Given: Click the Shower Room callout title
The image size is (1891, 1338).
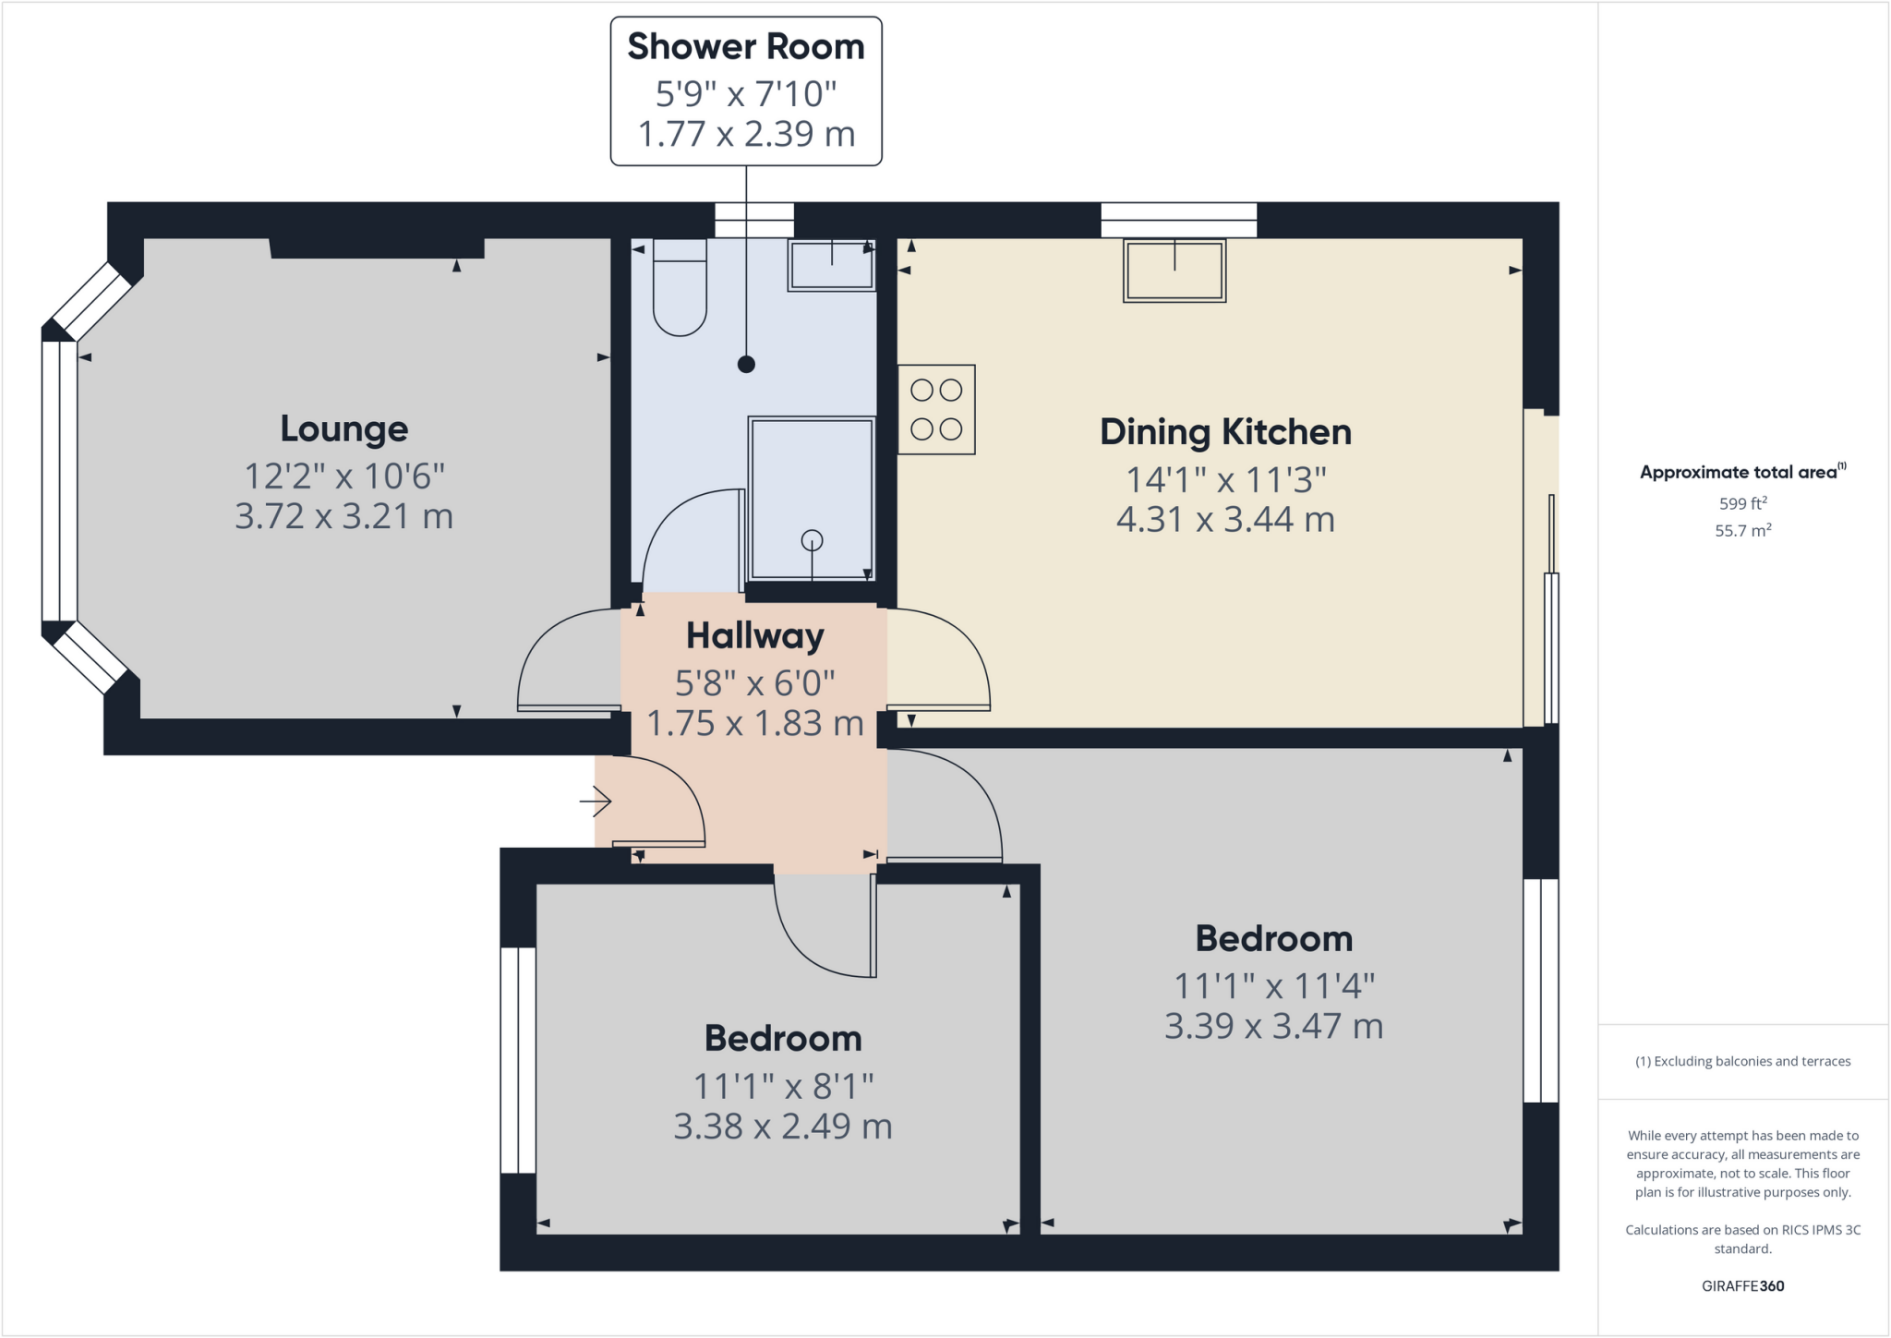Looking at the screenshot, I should [x=745, y=47].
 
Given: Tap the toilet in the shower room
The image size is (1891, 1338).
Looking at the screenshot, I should [x=680, y=287].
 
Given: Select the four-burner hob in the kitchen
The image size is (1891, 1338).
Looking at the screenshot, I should [x=936, y=409].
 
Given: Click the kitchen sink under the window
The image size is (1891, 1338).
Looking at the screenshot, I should [x=1174, y=271].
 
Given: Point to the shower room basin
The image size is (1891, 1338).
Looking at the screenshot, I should [x=831, y=265].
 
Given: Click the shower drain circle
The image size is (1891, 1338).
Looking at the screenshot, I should [x=812, y=540].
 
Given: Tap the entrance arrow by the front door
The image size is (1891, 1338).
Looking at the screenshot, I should [x=596, y=802].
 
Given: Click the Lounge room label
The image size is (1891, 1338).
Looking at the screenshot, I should [x=343, y=429].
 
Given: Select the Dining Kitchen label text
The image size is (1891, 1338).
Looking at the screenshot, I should [x=1224, y=432].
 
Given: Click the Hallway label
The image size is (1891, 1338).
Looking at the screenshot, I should [x=754, y=636].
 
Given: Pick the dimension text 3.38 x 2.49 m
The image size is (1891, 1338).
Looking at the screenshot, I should [x=782, y=1127].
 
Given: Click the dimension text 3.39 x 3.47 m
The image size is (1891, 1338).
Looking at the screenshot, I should [x=1273, y=1027].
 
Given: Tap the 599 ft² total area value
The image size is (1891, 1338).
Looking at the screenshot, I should [x=1742, y=503].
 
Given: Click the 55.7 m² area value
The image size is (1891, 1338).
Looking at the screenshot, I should [x=1742, y=531].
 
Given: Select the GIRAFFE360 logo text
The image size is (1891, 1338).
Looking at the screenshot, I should [x=1742, y=1285].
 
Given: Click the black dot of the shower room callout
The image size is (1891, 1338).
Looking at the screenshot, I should [x=746, y=364].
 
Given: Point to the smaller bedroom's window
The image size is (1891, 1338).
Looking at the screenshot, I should [x=518, y=1060].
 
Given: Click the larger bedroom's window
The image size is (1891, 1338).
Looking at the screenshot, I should [x=1540, y=990].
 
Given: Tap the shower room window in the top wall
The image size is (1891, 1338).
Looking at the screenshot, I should [x=754, y=220].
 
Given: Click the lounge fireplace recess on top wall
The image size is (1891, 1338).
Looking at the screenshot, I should [x=377, y=247].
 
